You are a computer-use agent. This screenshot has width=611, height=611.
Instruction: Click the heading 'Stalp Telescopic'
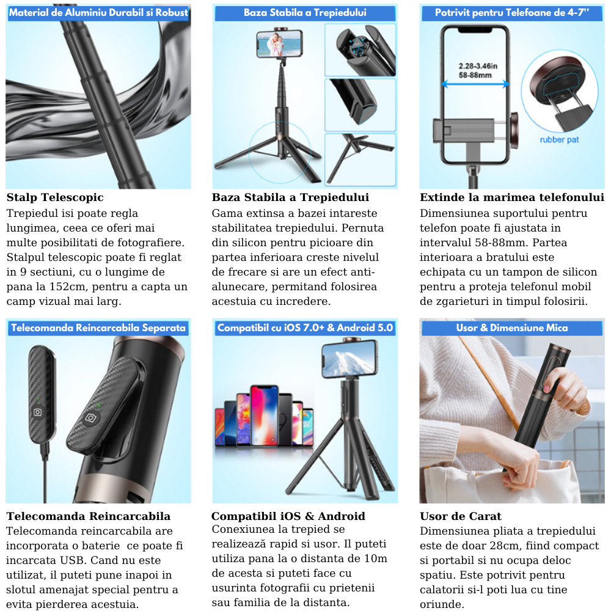(x=55, y=197)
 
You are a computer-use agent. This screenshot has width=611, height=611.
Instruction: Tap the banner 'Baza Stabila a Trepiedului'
(x=305, y=13)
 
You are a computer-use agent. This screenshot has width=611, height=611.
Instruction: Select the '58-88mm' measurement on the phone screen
(x=475, y=75)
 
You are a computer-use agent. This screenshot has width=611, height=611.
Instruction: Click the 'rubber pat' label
(x=559, y=139)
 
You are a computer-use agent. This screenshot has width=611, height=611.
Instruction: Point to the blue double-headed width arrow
(x=475, y=84)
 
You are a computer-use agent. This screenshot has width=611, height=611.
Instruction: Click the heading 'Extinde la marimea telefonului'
(x=511, y=197)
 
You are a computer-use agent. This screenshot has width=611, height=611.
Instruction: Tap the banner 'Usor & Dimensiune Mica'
(x=511, y=327)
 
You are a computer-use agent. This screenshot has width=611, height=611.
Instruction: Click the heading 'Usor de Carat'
(x=461, y=516)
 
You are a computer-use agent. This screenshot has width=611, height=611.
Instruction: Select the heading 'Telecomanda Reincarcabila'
(x=89, y=516)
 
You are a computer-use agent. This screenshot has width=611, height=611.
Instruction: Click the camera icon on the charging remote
(x=38, y=412)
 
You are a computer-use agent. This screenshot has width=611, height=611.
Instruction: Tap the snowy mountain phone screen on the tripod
(x=349, y=361)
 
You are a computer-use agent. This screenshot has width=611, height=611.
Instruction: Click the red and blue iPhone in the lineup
(x=265, y=415)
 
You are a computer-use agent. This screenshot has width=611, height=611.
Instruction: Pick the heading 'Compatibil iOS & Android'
(x=288, y=516)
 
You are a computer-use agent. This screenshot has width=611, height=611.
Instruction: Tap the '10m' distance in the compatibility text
(x=376, y=559)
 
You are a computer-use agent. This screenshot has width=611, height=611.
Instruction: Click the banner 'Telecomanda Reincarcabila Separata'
(x=98, y=327)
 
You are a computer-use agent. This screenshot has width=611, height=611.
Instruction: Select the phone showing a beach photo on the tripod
(x=279, y=44)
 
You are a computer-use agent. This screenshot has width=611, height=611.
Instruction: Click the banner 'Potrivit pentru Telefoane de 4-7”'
(x=511, y=13)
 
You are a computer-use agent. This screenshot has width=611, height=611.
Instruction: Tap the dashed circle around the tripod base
(x=249, y=152)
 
